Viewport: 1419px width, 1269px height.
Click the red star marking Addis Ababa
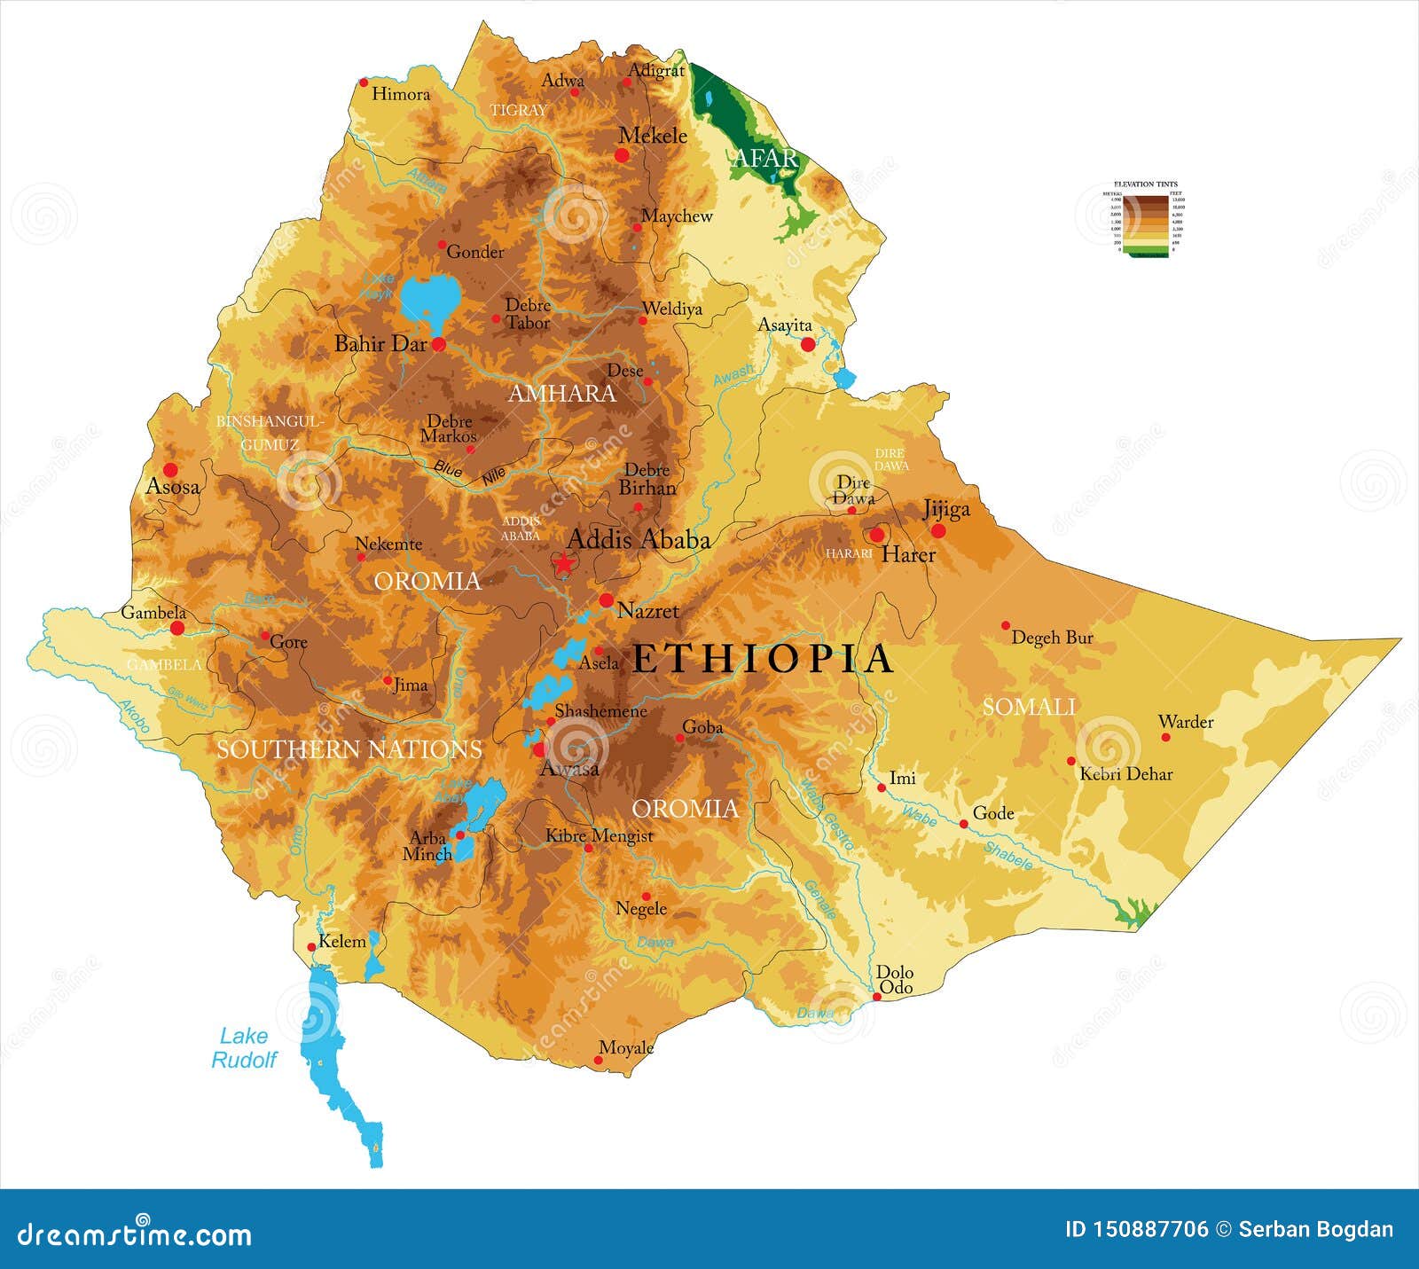tap(562, 563)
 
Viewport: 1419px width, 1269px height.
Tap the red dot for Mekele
tap(622, 155)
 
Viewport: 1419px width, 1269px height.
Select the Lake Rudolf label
tap(244, 1047)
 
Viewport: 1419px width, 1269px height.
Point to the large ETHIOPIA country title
tap(762, 659)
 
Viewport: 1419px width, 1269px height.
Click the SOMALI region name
tap(1029, 707)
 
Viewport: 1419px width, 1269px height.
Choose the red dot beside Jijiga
tap(937, 530)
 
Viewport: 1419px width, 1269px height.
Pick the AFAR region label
tap(764, 159)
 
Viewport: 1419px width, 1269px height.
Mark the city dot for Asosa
tap(170, 470)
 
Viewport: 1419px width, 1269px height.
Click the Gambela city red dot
tap(177, 628)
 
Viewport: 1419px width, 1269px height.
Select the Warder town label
tap(1186, 722)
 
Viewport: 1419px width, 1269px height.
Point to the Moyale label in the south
tap(626, 1048)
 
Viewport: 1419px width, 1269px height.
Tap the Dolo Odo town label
tap(894, 980)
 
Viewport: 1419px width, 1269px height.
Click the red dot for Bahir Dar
tap(438, 344)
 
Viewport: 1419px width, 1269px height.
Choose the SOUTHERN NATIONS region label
tap(349, 749)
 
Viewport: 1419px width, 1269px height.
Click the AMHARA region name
tap(561, 394)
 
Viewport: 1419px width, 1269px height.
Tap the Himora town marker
tap(363, 82)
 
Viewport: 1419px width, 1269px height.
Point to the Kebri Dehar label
tap(1125, 774)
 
